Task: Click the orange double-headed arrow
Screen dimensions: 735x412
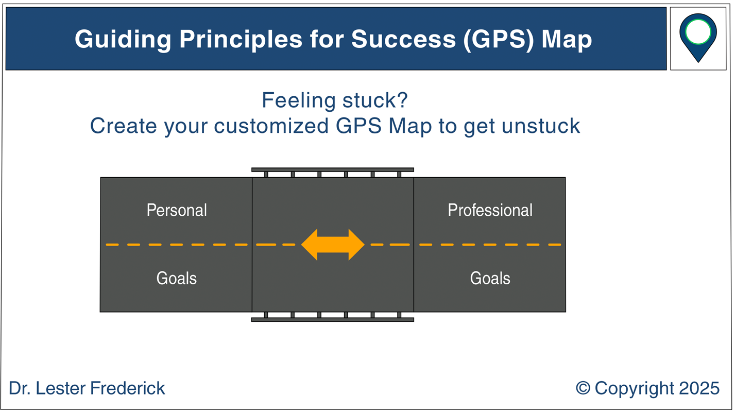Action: point(333,245)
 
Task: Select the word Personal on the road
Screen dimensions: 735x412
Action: point(177,210)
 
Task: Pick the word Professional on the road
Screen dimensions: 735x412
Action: point(490,210)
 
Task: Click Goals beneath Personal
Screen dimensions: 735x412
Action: point(177,278)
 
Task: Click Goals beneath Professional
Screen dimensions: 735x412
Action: point(490,278)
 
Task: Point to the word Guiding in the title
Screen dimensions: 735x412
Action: point(123,39)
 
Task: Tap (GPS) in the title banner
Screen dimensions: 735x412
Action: point(499,39)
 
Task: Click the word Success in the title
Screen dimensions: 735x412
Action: point(404,39)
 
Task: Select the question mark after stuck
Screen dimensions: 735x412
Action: point(402,100)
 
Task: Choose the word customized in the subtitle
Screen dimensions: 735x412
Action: point(271,126)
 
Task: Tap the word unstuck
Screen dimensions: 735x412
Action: point(541,126)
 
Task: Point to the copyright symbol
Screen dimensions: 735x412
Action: point(583,388)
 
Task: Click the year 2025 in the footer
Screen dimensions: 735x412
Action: point(699,388)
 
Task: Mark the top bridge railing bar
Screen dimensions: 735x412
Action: point(333,169)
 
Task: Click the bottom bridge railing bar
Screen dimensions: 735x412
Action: point(333,320)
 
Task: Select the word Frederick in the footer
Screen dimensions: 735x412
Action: point(128,388)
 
